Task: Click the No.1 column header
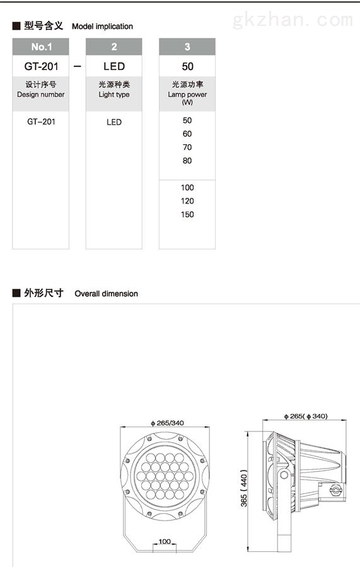tap(40, 47)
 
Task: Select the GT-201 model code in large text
tap(41, 67)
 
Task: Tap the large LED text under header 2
tap(114, 67)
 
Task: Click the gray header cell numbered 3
tap(187, 47)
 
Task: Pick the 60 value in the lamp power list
tap(187, 134)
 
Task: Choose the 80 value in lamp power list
tap(187, 161)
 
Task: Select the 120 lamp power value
tap(187, 201)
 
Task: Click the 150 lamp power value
tap(187, 214)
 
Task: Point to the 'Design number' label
tap(41, 94)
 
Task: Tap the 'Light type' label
tap(114, 94)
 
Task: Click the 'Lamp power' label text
tap(187, 94)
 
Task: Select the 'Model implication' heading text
tap(102, 26)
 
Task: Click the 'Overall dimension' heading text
tap(107, 294)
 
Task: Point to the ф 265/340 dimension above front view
tap(168, 423)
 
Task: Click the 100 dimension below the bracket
tap(165, 541)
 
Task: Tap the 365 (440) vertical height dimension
tap(244, 488)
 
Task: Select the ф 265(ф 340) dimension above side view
tap(306, 416)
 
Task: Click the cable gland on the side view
tap(336, 490)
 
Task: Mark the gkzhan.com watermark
tap(293, 20)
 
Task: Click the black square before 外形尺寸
tap(16, 292)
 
